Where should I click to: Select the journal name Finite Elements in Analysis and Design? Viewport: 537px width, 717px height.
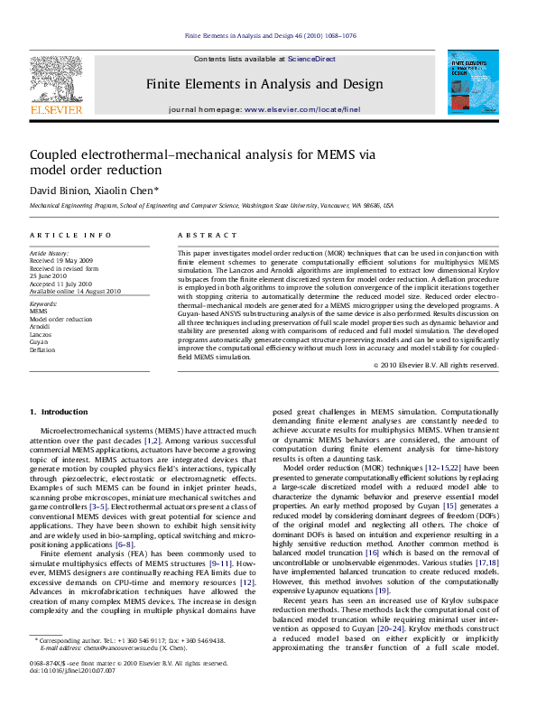(264, 84)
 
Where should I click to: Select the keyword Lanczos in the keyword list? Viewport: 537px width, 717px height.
(41, 334)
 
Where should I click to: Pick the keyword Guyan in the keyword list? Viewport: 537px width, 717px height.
(39, 341)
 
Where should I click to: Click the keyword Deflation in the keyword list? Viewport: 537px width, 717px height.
(42, 349)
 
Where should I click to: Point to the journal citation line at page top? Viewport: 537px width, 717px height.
(268, 36)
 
